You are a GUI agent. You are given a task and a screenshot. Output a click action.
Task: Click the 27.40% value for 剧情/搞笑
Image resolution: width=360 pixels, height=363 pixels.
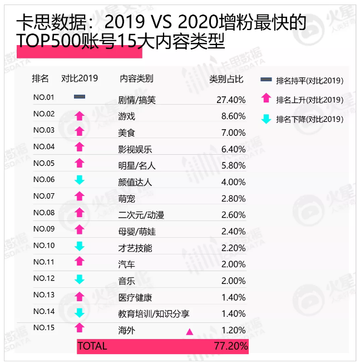click(x=230, y=100)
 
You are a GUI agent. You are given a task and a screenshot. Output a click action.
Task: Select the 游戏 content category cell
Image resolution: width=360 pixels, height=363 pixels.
click(x=127, y=116)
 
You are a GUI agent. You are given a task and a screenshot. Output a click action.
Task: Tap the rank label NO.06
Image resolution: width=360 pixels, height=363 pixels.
click(x=43, y=179)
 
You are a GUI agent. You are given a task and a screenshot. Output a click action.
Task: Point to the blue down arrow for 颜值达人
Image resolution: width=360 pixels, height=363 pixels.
click(x=80, y=180)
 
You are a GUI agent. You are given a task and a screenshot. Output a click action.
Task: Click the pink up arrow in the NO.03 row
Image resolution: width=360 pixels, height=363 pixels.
click(x=80, y=131)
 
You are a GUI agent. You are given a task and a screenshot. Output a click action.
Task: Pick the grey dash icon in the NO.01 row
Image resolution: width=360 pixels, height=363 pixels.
click(x=80, y=97)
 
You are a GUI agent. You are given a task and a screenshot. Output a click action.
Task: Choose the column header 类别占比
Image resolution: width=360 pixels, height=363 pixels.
click(x=226, y=79)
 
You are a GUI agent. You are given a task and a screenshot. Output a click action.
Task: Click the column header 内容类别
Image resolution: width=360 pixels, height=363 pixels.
click(x=136, y=79)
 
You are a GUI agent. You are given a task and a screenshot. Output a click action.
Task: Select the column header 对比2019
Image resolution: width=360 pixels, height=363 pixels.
click(x=79, y=79)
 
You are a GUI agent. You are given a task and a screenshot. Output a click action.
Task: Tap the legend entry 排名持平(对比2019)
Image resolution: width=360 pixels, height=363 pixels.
click(x=309, y=81)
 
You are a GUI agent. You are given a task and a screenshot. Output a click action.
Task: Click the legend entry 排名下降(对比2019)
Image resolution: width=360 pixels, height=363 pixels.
click(x=309, y=119)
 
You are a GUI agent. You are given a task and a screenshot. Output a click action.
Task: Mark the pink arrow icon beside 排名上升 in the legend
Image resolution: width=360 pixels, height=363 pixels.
click(x=266, y=99)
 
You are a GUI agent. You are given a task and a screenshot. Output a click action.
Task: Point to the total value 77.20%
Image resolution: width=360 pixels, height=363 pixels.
click(x=230, y=346)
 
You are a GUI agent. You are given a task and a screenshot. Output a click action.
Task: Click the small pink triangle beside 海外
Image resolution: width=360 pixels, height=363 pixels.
click(x=189, y=332)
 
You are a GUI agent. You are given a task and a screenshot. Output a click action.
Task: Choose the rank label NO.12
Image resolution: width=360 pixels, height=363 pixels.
click(x=43, y=278)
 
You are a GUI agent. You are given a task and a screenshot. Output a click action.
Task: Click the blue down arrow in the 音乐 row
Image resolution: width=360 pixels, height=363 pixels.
click(x=80, y=279)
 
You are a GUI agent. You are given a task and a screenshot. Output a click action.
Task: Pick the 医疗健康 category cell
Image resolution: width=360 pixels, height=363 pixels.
click(x=135, y=297)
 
